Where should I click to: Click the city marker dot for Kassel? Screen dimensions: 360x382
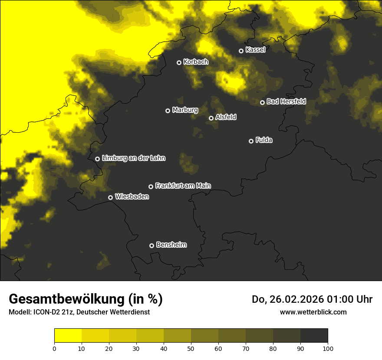click(241, 51)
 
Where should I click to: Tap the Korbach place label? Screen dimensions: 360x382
click(196, 62)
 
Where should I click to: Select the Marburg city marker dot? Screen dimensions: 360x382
click(168, 111)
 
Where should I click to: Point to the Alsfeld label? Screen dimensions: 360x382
click(226, 118)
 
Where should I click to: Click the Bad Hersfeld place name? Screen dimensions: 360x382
click(286, 101)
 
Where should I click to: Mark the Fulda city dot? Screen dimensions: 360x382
click(251, 141)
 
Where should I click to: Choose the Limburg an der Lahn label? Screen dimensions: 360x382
click(134, 158)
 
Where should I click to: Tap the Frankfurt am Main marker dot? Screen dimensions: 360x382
click(151, 187)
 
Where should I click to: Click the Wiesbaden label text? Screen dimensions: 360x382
click(132, 197)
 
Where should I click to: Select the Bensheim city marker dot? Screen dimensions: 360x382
click(151, 245)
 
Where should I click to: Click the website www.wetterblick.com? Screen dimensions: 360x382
click(313, 312)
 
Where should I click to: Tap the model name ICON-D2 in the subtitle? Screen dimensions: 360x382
click(48, 312)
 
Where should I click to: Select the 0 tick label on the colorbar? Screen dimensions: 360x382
click(54, 348)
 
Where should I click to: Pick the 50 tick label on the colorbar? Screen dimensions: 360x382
click(191, 348)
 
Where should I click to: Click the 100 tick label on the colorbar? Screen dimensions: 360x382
click(328, 348)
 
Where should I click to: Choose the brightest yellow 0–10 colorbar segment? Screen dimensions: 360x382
click(68, 336)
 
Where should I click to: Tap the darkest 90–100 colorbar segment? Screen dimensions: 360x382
click(314, 336)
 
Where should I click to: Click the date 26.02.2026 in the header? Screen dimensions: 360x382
click(295, 299)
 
